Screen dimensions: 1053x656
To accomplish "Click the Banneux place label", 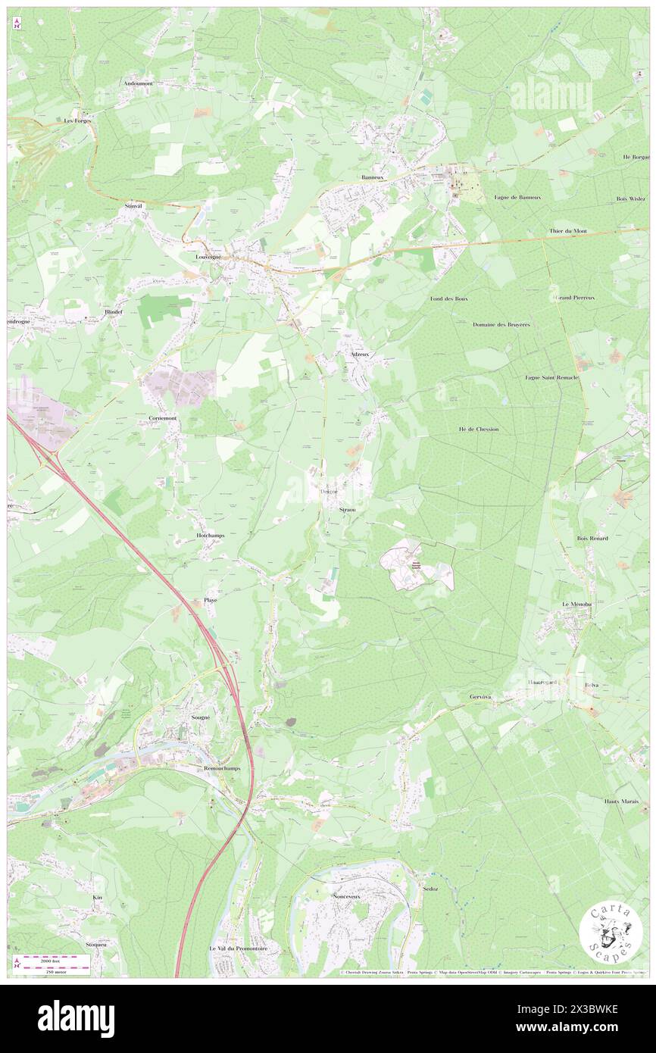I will tap(374, 178).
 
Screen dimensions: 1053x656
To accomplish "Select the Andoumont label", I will tap(139, 83).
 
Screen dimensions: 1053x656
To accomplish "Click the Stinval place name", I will tap(133, 206).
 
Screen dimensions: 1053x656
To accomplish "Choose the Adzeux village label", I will tap(360, 354).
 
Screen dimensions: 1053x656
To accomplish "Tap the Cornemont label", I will tap(163, 418).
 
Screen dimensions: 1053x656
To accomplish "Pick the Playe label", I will tap(211, 600).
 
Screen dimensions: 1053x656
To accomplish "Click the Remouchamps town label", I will tap(211, 768).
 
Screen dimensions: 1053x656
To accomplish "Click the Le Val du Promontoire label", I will tap(239, 948).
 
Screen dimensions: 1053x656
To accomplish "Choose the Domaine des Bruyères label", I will tap(501, 324).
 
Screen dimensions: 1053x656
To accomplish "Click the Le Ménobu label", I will tap(575, 604).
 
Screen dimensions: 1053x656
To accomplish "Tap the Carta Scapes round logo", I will tap(611, 933).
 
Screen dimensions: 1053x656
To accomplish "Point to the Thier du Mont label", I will tap(568, 230).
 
